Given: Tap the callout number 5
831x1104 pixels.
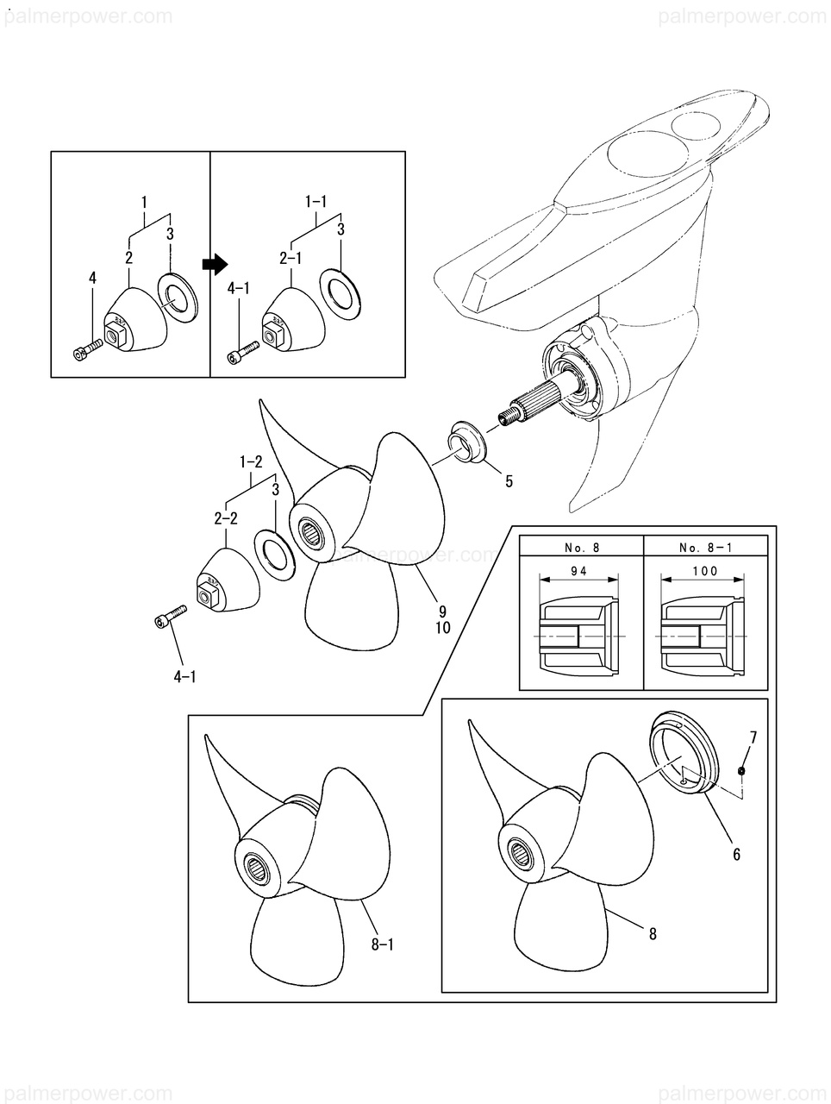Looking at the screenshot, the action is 509,481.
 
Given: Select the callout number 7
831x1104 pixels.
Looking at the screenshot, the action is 753,737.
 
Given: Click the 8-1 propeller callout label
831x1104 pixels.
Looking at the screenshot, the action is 383,945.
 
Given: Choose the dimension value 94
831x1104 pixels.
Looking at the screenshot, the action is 579,571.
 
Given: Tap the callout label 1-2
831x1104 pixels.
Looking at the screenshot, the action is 251,461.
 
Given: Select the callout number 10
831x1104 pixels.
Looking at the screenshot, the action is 442,628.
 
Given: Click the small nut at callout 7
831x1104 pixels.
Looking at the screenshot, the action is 742,770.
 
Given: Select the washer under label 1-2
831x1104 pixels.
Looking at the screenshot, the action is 274,555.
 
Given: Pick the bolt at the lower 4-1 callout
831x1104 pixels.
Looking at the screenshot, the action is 170,616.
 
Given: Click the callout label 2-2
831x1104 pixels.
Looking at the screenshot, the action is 225,518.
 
